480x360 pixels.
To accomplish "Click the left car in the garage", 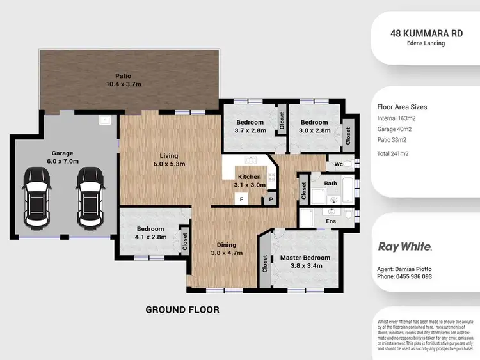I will click(x=35, y=198).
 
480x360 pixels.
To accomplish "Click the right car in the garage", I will click(x=88, y=198).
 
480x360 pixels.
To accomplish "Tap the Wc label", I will click(x=338, y=163).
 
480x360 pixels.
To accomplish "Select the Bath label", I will click(x=330, y=184).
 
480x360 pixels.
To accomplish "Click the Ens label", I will click(x=331, y=221).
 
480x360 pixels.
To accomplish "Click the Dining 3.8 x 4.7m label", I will click(x=226, y=249).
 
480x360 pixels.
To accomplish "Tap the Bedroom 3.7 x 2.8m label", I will click(x=249, y=127).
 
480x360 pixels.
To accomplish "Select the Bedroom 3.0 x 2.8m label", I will click(x=314, y=127).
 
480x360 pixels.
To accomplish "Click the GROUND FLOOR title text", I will click(x=182, y=309).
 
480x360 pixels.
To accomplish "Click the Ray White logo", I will click(x=405, y=246).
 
